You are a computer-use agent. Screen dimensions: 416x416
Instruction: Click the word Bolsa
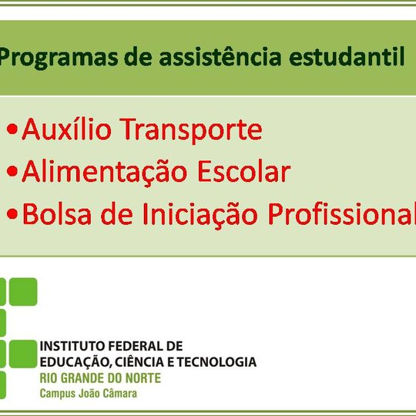52,214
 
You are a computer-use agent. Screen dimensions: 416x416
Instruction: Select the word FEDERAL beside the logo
136,346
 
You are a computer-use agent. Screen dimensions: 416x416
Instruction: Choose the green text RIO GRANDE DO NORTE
100,377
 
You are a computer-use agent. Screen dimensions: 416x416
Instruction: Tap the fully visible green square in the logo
23,292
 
